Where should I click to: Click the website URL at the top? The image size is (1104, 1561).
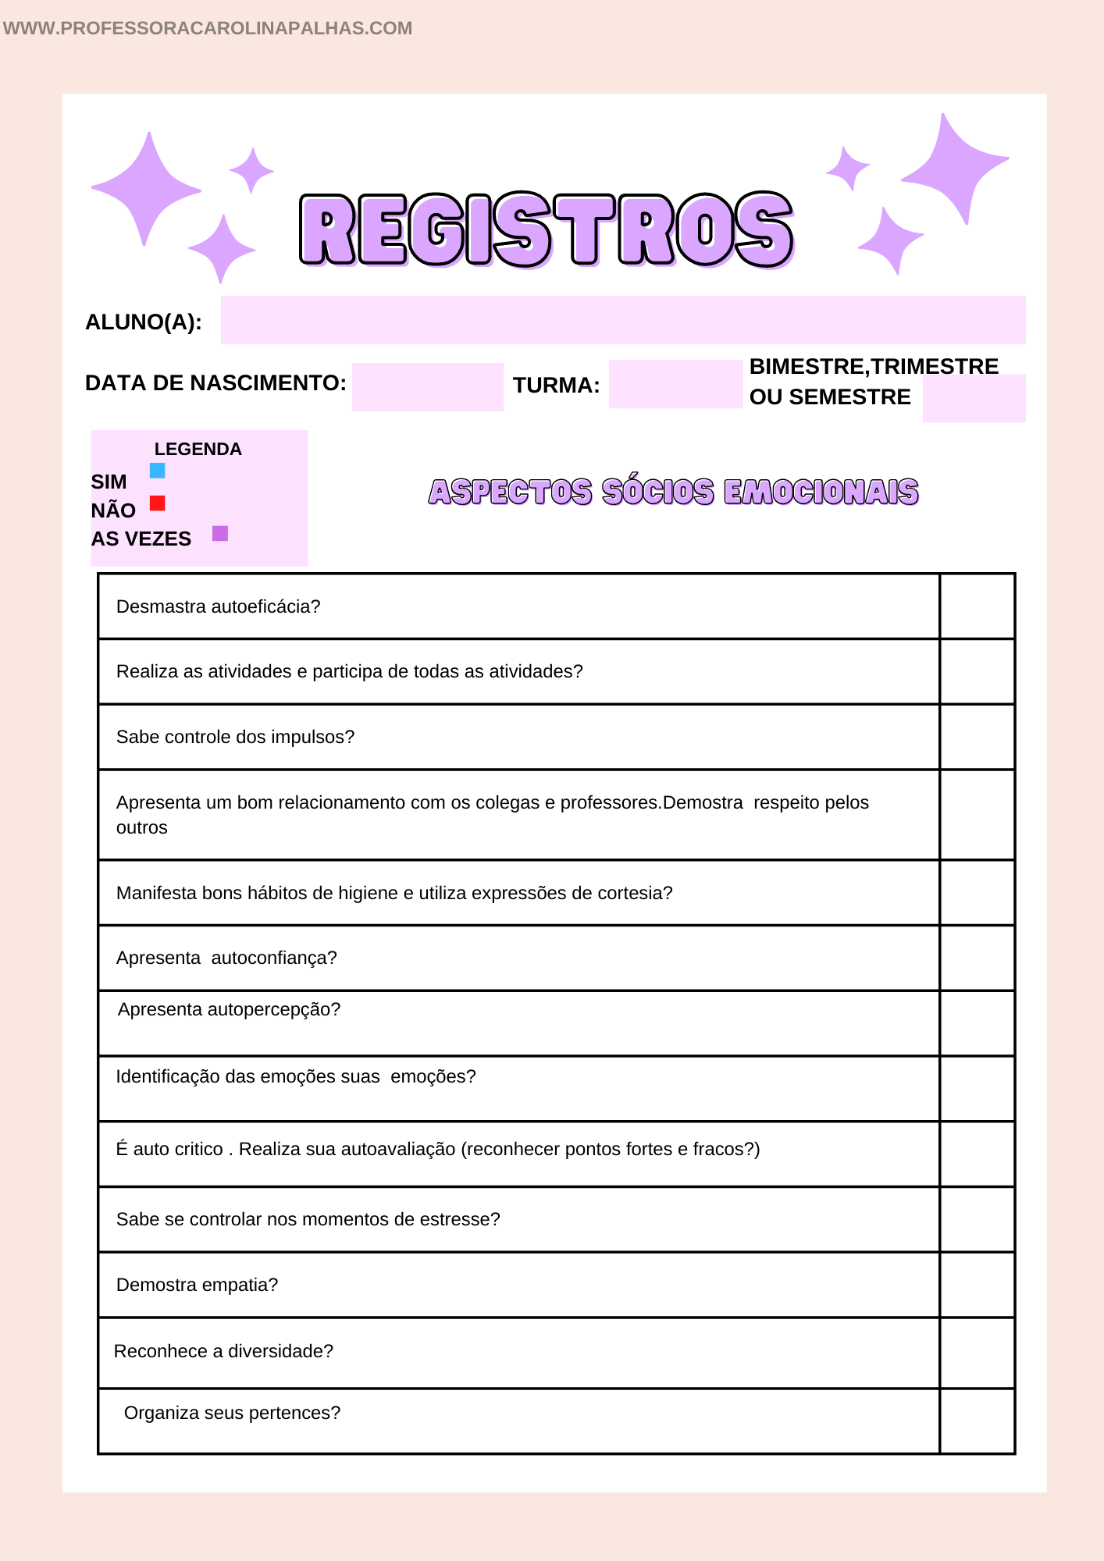click(x=208, y=28)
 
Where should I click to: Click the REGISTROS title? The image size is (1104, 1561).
click(x=547, y=229)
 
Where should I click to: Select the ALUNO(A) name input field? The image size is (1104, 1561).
click(x=622, y=320)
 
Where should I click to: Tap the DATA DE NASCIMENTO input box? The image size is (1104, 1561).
click(x=427, y=387)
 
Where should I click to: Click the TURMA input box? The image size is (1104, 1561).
click(x=675, y=384)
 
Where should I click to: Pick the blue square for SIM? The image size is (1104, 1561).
click(x=158, y=471)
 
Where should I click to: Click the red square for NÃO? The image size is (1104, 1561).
click(x=158, y=503)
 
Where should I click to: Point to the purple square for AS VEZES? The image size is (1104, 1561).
click(x=220, y=534)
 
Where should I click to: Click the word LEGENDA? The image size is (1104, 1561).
click(x=198, y=450)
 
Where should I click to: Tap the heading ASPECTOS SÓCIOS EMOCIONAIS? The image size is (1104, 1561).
click(x=673, y=492)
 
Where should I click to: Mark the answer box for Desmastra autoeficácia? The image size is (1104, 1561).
click(x=977, y=606)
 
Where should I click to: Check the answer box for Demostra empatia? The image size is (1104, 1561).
click(x=977, y=1285)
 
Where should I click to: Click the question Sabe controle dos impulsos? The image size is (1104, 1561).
click(x=235, y=737)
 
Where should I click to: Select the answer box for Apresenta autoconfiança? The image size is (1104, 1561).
click(x=977, y=958)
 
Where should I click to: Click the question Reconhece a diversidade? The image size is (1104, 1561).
click(x=223, y=1351)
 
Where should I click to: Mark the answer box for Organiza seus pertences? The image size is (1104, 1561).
click(x=977, y=1421)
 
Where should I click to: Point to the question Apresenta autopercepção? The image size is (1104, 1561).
click(x=229, y=1009)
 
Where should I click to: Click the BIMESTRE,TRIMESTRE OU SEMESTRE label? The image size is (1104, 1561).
click(x=873, y=382)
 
